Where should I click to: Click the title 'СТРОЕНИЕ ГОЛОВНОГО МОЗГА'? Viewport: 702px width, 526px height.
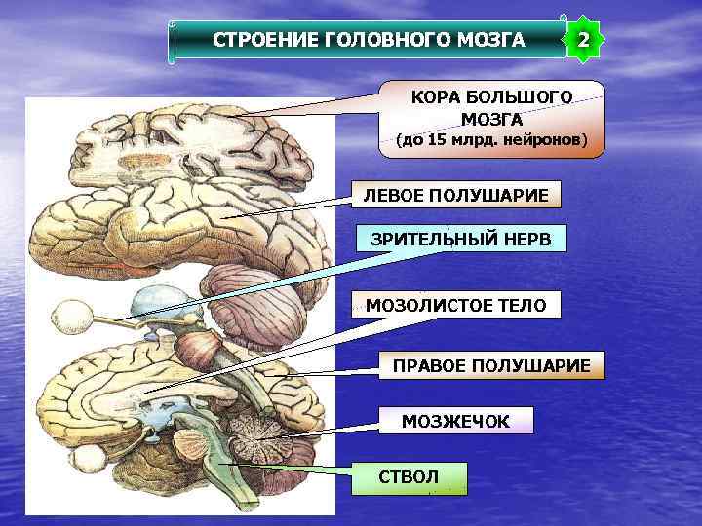(x=369, y=41)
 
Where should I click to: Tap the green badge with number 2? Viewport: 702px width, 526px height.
(x=583, y=41)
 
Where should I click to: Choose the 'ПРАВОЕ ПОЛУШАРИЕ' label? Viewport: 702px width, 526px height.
(x=490, y=365)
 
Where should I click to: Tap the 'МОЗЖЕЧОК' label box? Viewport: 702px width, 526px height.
(x=455, y=421)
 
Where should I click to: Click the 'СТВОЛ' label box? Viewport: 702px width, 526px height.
(x=409, y=477)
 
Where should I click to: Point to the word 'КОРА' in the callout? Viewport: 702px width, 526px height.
(x=435, y=98)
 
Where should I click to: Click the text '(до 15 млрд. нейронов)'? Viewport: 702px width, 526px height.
(x=491, y=140)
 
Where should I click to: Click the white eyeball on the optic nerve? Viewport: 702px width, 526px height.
(x=72, y=315)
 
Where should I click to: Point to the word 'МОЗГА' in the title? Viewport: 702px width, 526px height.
(x=494, y=41)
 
